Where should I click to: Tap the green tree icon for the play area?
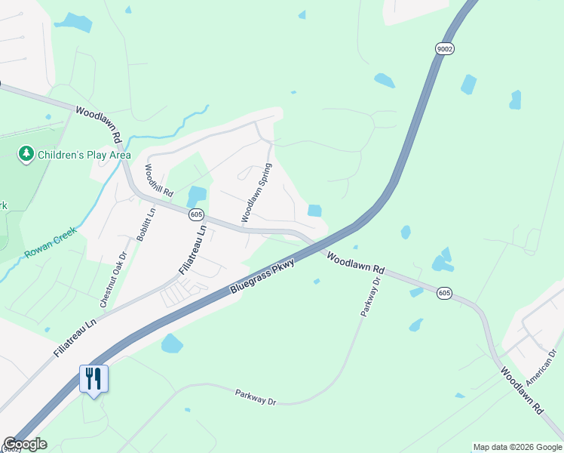(26, 154)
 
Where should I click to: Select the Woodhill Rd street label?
(158, 180)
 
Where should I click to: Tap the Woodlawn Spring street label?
(256, 193)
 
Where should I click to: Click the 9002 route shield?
(444, 48)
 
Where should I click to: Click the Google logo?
(25, 444)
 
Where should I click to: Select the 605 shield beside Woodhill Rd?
(196, 214)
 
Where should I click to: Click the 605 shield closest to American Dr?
(444, 292)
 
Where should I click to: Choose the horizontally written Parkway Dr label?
(256, 397)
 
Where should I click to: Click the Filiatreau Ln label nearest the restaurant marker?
(75, 337)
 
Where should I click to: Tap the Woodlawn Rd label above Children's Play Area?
(99, 125)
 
